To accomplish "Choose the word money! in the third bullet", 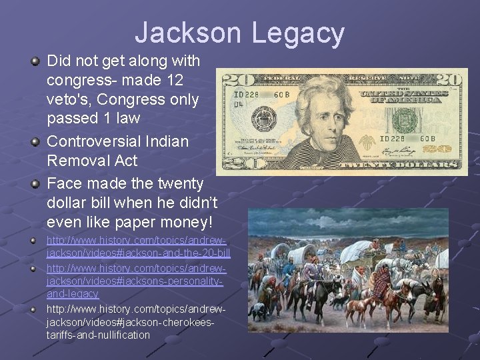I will [x=189, y=221].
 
